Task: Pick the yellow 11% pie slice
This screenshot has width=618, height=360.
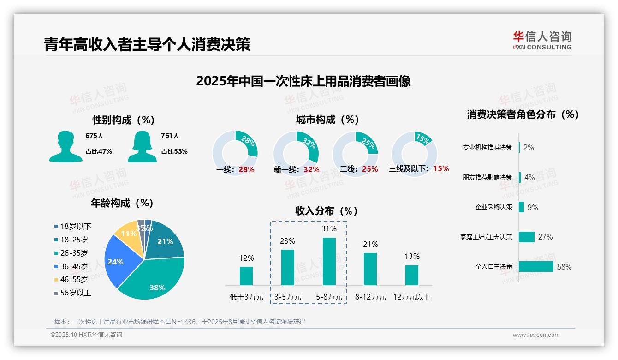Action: (127, 235)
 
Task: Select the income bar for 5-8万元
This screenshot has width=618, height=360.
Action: (329, 261)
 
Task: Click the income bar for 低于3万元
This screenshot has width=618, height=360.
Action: (246, 276)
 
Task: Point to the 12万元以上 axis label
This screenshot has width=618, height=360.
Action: (411, 297)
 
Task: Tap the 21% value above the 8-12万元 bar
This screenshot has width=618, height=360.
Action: (370, 244)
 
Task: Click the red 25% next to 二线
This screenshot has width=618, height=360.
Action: (370, 169)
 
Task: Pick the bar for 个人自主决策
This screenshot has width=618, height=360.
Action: (536, 266)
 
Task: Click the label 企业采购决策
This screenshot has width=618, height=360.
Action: (493, 207)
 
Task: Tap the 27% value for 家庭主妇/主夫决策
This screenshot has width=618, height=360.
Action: (545, 237)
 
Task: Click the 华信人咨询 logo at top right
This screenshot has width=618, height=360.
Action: (542, 40)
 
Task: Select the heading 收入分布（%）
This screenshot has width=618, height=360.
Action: (327, 211)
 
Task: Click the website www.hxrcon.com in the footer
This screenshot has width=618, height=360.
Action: (535, 335)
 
